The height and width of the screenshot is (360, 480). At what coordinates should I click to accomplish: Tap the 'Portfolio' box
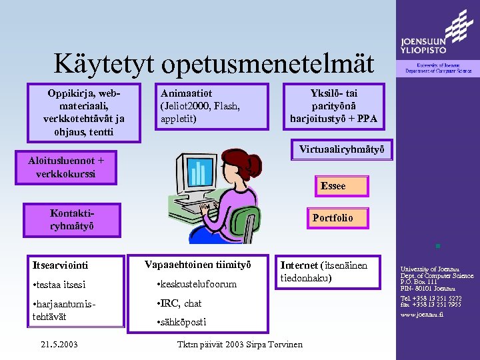(333, 218)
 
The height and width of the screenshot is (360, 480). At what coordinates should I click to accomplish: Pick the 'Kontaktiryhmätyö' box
(72, 220)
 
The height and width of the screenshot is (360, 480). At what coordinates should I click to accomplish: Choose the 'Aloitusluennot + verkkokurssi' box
(67, 167)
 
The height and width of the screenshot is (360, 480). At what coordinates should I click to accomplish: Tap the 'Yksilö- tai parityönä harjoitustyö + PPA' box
(333, 106)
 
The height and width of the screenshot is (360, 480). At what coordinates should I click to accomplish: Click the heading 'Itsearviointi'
(60, 265)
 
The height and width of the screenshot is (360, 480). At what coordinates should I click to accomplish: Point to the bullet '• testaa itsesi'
(59, 285)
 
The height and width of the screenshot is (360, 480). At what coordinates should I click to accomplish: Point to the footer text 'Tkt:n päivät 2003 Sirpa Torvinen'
(239, 345)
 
